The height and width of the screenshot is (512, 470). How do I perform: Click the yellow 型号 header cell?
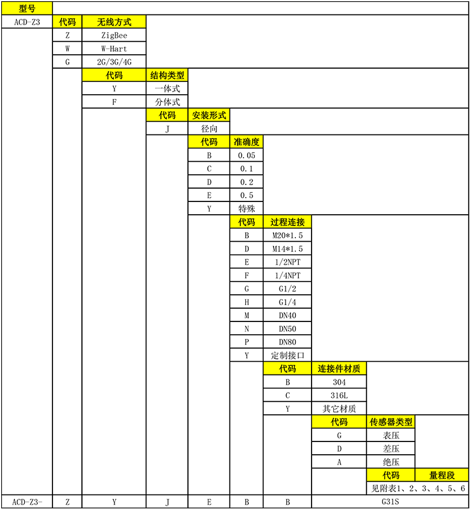(x=27, y=8)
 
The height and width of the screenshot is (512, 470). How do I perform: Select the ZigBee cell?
(x=114, y=35)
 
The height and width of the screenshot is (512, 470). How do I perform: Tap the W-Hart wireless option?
(x=114, y=49)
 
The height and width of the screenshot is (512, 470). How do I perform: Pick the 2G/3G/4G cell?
(x=114, y=62)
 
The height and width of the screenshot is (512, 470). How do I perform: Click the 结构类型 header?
(x=167, y=75)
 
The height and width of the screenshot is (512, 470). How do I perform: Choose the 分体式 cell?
(x=167, y=102)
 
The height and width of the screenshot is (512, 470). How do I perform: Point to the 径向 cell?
(x=209, y=128)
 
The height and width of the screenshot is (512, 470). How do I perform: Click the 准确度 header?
(x=246, y=142)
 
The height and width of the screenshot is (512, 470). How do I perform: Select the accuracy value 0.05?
(x=246, y=156)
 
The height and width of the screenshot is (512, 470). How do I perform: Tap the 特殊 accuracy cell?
(x=246, y=208)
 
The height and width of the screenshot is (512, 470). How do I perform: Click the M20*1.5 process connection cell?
(x=287, y=235)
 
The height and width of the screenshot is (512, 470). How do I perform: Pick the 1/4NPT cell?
(x=287, y=275)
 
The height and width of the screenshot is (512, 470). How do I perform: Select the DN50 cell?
(x=287, y=329)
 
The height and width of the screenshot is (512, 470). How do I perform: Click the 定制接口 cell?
(x=287, y=355)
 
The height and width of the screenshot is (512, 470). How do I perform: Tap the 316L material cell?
(x=339, y=396)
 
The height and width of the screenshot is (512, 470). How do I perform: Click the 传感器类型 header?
(x=390, y=422)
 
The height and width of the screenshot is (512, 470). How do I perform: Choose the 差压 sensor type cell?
(x=390, y=449)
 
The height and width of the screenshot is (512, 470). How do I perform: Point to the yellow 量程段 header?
(x=442, y=475)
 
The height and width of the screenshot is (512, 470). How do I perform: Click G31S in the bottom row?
(x=390, y=502)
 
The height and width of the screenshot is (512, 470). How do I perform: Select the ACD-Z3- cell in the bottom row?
(x=27, y=502)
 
